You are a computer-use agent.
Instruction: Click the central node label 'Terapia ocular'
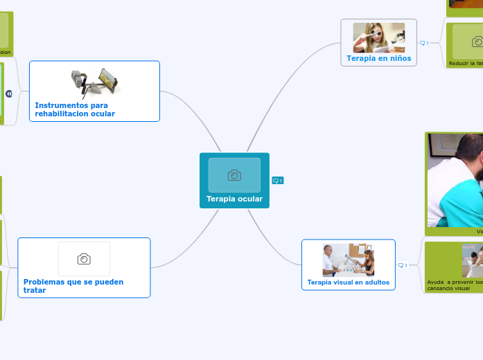(234, 199)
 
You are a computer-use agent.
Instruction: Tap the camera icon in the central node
(234, 175)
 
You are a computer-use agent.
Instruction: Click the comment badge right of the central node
(278, 181)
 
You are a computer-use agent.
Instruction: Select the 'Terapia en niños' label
(379, 58)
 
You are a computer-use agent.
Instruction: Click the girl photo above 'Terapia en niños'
(379, 37)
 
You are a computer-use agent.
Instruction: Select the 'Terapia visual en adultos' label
(348, 282)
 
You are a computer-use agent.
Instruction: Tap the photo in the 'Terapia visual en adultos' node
(349, 260)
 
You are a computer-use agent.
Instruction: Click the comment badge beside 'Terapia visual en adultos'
(403, 265)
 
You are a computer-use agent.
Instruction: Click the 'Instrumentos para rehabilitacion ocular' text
(75, 109)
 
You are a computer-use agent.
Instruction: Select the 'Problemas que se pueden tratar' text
(73, 286)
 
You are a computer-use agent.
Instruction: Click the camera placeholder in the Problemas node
(84, 259)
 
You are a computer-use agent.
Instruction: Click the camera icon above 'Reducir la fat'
(477, 42)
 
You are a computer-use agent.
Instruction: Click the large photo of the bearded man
(455, 180)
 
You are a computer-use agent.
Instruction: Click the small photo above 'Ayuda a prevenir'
(473, 260)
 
